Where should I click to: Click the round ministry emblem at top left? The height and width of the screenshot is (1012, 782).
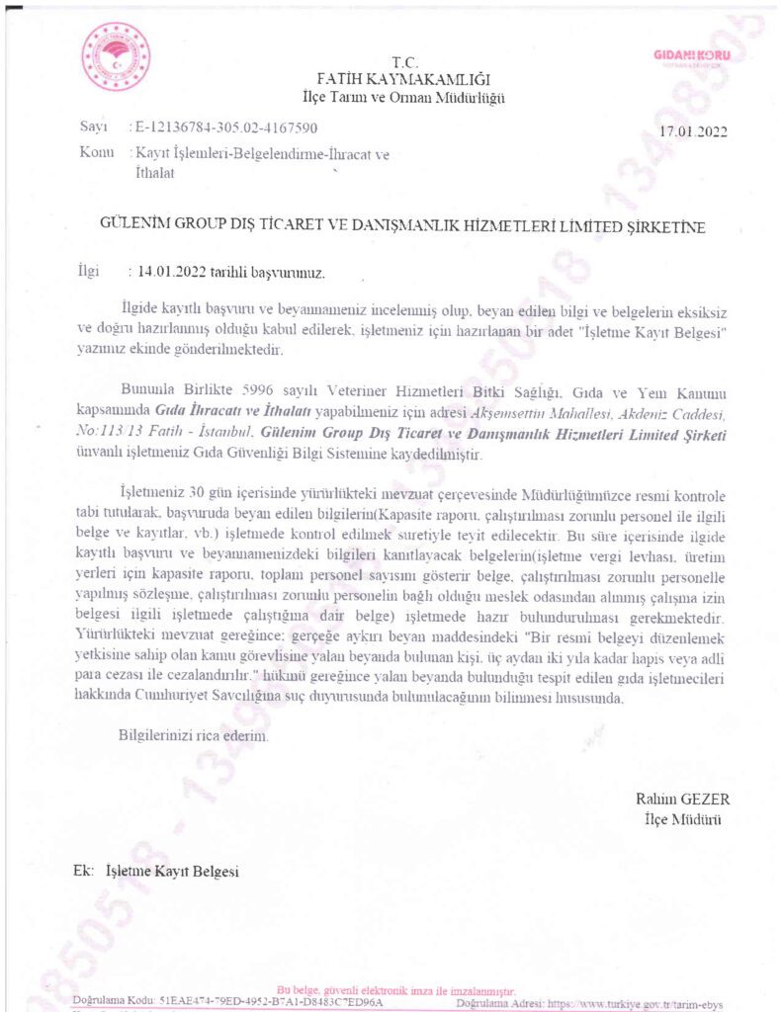(x=116, y=57)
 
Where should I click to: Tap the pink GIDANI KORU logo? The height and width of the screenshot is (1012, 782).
(x=692, y=56)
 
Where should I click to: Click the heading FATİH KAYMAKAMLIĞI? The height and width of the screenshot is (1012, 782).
(x=403, y=79)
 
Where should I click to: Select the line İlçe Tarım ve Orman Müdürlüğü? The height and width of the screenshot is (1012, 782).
(x=403, y=97)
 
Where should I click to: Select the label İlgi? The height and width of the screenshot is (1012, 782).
(x=88, y=269)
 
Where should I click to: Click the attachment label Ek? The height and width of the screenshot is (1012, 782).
(x=83, y=872)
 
